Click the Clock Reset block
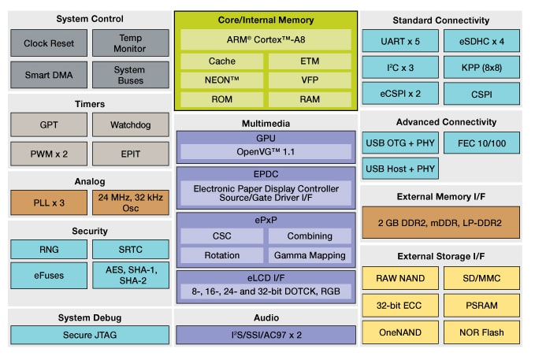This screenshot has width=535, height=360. point(48,43)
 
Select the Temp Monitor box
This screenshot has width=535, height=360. point(129,43)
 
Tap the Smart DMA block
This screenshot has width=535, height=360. point(48,75)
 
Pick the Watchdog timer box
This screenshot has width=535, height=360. point(129,125)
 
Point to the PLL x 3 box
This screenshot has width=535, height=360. point(48,202)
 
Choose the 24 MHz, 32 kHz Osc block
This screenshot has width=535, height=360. point(129,202)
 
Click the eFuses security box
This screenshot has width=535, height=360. point(48,275)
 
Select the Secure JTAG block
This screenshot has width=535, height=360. point(89,333)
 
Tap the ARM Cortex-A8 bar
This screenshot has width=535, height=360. point(266,38)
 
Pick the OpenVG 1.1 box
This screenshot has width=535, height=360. point(266,151)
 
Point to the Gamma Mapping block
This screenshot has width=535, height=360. point(309,255)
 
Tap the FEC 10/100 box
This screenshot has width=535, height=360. point(481,143)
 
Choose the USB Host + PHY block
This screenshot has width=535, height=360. point(400,168)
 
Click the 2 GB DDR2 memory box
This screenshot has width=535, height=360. point(440,223)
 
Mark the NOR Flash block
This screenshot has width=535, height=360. point(481,332)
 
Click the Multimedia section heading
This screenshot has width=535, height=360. point(266,124)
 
